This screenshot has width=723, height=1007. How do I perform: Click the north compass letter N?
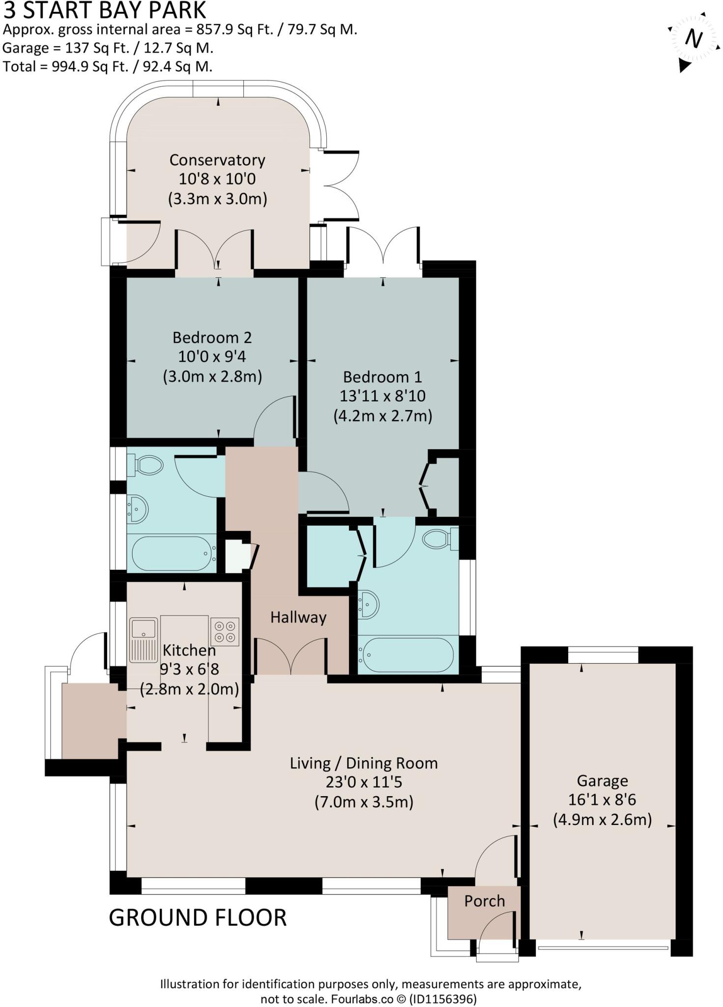[x=694, y=38]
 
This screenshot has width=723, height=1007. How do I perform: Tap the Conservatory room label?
[x=217, y=160]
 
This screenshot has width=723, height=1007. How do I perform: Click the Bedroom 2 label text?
[x=212, y=338]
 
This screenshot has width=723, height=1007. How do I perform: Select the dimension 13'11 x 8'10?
[x=382, y=396]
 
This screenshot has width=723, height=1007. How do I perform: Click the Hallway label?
[x=298, y=618]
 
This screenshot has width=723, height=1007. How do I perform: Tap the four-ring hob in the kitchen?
[x=225, y=632]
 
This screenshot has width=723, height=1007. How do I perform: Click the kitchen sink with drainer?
[x=144, y=640]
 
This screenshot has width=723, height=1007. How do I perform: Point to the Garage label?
[x=602, y=781]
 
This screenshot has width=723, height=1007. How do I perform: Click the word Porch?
[x=485, y=901]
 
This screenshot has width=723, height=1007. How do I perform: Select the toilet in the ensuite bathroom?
[x=437, y=539]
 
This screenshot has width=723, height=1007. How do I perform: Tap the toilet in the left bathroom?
[x=147, y=465]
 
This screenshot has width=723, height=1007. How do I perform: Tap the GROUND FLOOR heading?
[x=198, y=918]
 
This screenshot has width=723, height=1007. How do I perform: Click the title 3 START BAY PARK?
[x=105, y=11]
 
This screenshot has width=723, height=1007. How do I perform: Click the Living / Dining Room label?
[x=364, y=763]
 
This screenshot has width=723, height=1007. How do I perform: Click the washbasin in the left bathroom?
[x=138, y=509]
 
